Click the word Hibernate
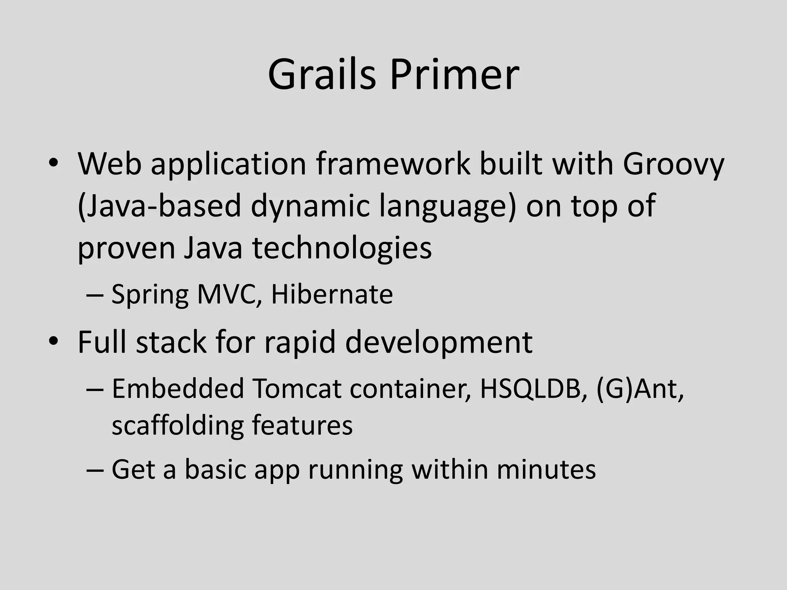(x=332, y=294)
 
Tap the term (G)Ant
(x=640, y=388)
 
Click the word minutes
(x=546, y=469)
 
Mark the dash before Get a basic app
(x=95, y=470)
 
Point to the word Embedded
(x=178, y=388)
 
